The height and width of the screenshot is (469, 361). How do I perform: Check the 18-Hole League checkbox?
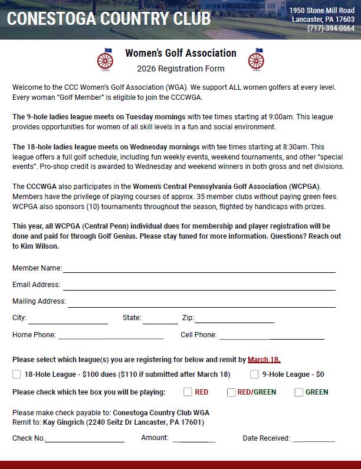[x=17, y=374]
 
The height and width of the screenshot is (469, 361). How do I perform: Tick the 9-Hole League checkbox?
[x=254, y=374]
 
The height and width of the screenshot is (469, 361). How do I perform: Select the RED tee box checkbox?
[x=188, y=392]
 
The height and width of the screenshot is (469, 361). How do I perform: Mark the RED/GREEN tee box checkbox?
[x=231, y=392]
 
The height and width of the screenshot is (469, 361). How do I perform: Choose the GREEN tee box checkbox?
[x=298, y=392]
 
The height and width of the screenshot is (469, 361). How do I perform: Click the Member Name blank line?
[x=199, y=269]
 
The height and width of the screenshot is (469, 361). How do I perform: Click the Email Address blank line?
[x=199, y=287]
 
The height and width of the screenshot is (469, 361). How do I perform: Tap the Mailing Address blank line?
[x=201, y=304]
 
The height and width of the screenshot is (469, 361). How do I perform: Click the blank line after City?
[x=68, y=321]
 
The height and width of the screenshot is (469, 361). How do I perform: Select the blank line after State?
[x=160, y=321]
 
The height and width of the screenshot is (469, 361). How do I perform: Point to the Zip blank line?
[x=234, y=321]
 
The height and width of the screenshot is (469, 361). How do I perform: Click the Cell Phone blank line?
[x=271, y=337]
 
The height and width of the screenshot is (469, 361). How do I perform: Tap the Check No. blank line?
[x=84, y=439]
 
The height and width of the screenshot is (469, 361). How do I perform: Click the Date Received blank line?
[x=313, y=439]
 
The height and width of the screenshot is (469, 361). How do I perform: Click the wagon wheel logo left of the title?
[x=104, y=59]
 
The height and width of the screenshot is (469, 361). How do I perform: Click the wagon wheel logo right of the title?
[x=256, y=59]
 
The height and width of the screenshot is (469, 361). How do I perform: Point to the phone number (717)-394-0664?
[x=331, y=28]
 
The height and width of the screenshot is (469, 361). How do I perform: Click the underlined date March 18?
[x=264, y=359]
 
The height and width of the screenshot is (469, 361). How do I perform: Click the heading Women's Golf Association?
[x=180, y=53]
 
